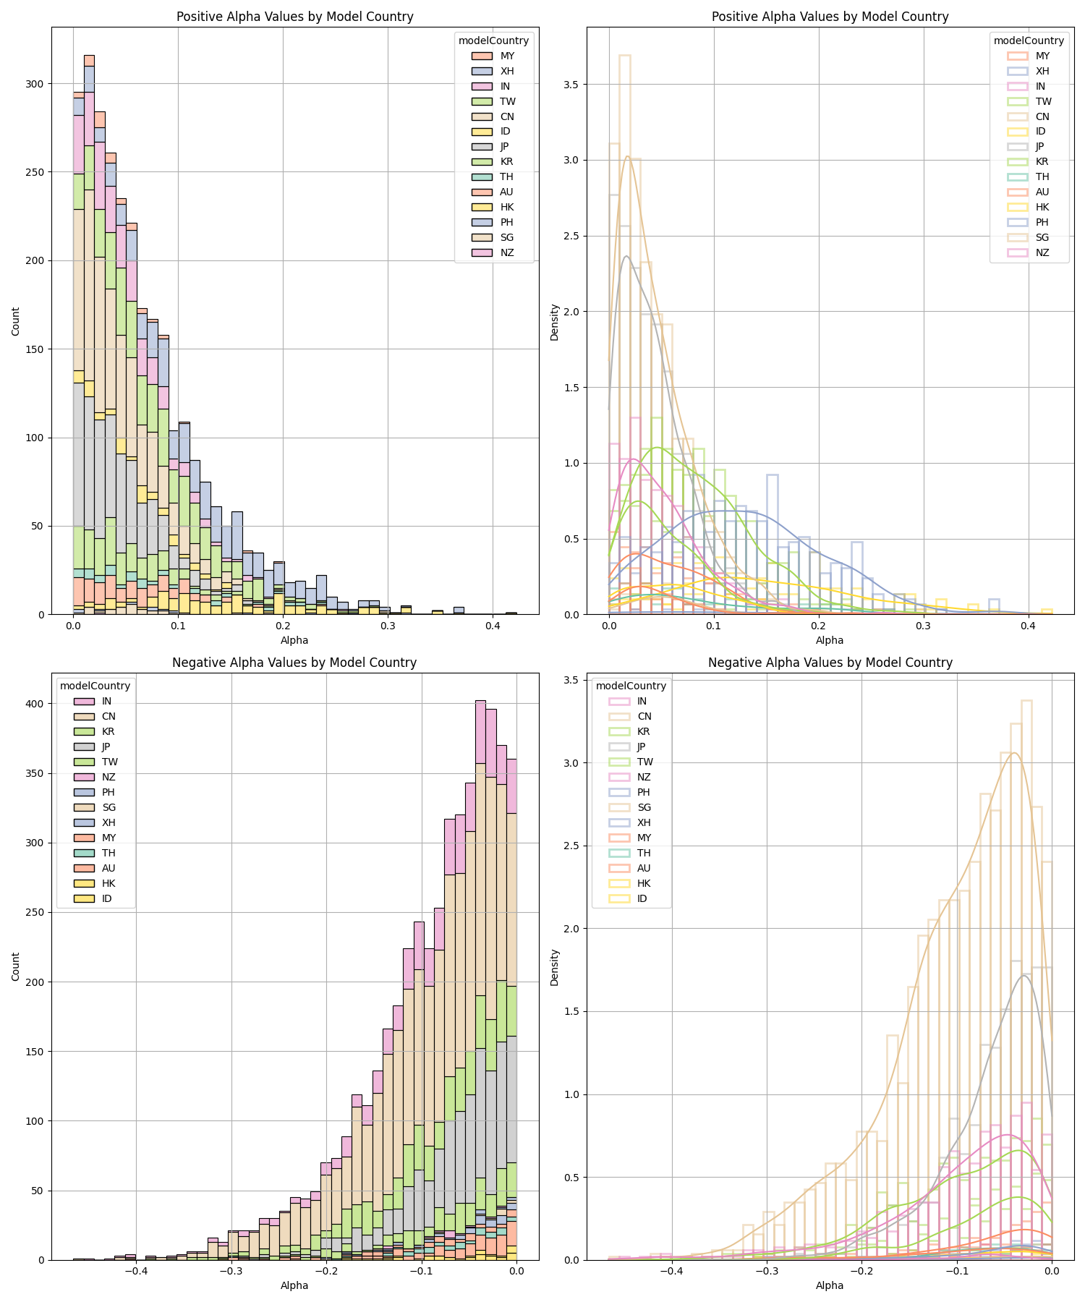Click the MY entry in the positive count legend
507,56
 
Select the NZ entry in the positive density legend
1042,252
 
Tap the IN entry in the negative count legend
106,701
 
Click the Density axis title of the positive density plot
555,322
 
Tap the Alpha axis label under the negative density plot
830,1285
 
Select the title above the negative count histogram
294,663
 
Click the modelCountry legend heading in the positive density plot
1029,41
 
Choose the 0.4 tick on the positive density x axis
1028,626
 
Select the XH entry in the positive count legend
507,71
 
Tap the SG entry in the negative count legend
109,807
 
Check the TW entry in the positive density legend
1043,101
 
